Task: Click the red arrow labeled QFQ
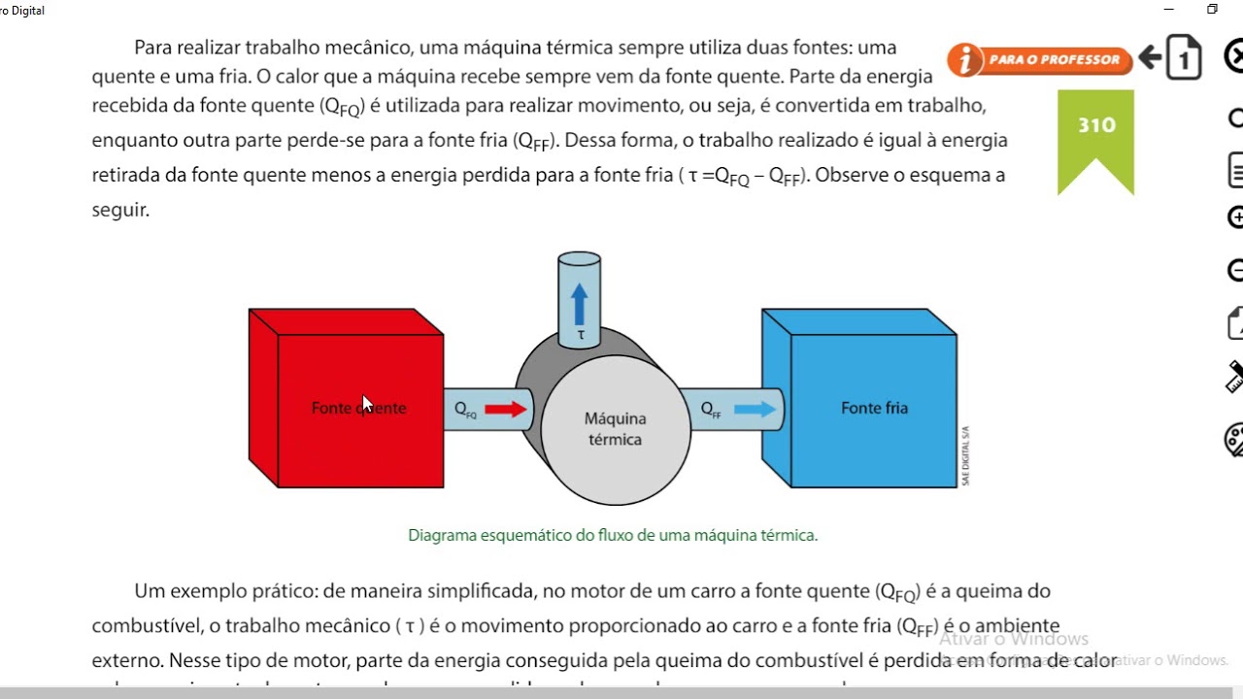tap(505, 410)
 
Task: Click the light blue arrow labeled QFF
tap(755, 410)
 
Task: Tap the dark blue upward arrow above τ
tap(580, 303)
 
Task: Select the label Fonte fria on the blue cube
tap(874, 408)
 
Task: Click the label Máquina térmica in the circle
tap(615, 429)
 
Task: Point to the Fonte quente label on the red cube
tap(358, 409)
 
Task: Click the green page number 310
tap(1096, 125)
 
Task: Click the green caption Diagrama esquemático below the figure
tap(613, 535)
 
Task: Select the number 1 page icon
tap(1184, 59)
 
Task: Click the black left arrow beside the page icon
tap(1151, 58)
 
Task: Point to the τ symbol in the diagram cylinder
tap(581, 335)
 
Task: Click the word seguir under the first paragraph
tap(119, 210)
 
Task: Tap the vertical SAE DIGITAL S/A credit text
tap(966, 455)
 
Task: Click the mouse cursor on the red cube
tap(367, 404)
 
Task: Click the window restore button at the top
tap(1212, 10)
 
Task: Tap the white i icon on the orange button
tap(965, 60)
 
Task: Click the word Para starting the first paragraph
tap(152, 48)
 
